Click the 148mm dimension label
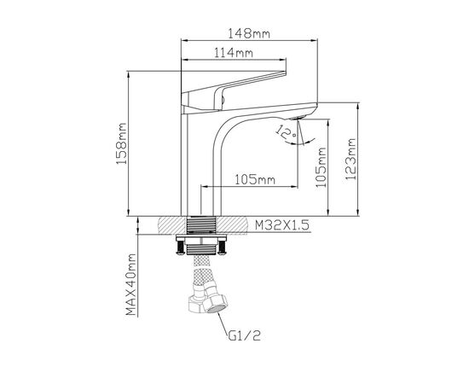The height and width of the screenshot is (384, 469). coord(249,33)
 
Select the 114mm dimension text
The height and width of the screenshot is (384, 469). coord(234,53)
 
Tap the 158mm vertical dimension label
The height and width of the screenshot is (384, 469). coord(122,143)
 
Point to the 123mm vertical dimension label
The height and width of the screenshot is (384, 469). coord(350,159)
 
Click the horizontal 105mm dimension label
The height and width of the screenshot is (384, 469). coord(255,179)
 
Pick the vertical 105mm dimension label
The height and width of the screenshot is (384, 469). coord(321,167)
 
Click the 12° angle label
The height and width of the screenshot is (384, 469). coord(287,132)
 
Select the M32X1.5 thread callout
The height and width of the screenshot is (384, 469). coord(282,225)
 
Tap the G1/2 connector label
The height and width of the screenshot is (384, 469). coord(245,336)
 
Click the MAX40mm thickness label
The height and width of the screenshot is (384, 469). coord(131,285)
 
